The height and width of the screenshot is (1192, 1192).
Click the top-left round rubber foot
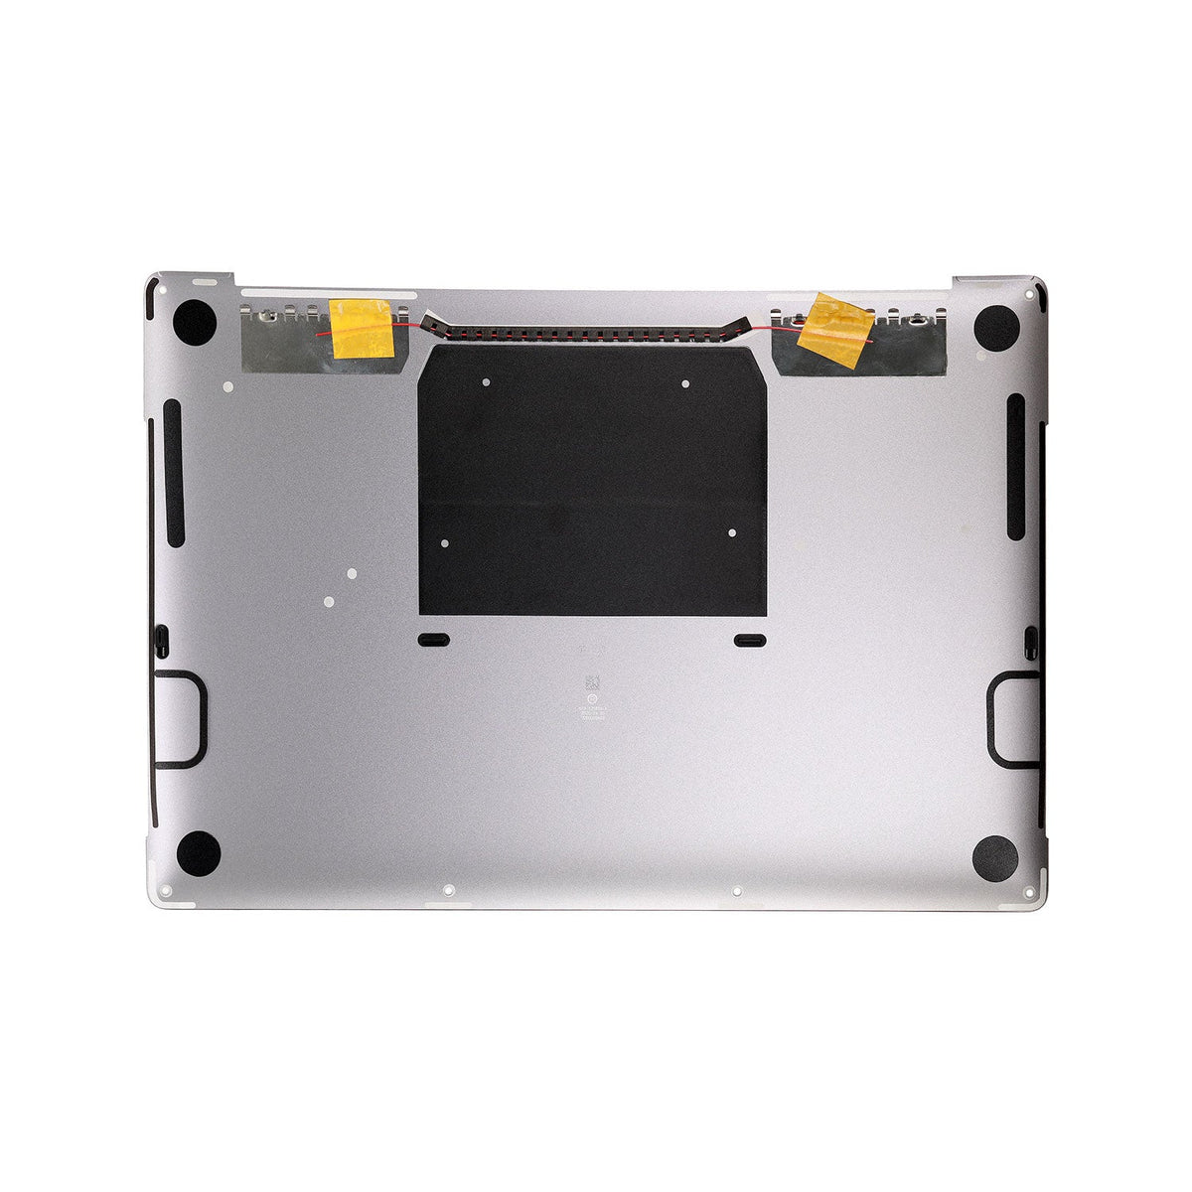195,323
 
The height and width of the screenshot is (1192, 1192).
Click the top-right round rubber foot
995,327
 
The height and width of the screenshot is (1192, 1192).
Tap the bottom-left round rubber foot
198,852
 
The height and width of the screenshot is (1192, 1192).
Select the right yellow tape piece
835,330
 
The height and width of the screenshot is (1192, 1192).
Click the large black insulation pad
593,482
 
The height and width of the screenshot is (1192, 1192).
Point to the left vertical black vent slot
173,473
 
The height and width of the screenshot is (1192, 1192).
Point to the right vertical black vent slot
1015,467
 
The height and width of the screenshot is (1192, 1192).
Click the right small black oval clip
749,641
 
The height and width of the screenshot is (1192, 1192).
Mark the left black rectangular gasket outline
180,719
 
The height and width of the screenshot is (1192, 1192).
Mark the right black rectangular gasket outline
1012,719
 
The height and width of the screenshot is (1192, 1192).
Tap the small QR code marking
593,683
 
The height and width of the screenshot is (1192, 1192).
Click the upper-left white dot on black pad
485,381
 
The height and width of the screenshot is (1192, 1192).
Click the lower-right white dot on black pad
732,533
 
